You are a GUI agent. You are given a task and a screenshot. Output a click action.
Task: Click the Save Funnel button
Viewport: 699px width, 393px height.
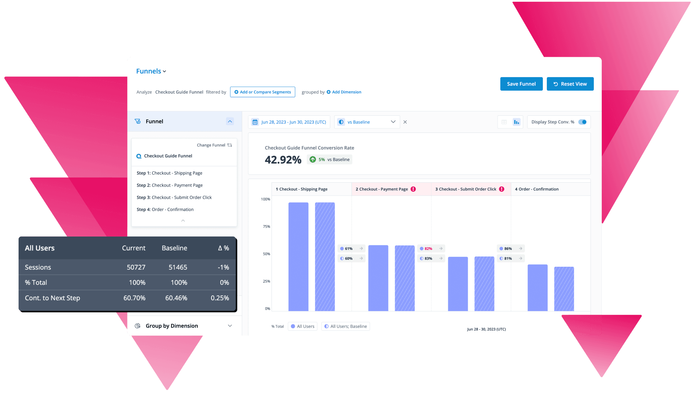[x=521, y=84]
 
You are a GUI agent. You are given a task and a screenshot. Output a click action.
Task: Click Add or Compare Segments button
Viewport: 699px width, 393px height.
[x=262, y=92]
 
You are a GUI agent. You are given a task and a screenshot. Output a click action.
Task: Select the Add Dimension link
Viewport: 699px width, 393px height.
[x=344, y=92]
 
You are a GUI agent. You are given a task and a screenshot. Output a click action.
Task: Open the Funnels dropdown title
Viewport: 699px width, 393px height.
[x=151, y=71]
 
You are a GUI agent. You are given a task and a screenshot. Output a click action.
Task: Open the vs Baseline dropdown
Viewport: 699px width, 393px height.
[x=367, y=122]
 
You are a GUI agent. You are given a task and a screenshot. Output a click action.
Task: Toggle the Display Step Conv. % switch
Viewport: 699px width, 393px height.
[x=582, y=122]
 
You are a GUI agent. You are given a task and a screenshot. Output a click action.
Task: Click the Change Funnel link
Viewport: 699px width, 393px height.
[x=214, y=145]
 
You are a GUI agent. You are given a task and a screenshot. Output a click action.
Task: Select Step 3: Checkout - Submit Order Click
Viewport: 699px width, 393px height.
[x=174, y=198]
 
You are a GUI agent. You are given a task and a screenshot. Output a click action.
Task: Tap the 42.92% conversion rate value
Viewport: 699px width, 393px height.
[x=283, y=160]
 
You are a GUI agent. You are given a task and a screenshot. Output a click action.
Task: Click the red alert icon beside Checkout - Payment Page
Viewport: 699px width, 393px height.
[x=413, y=189]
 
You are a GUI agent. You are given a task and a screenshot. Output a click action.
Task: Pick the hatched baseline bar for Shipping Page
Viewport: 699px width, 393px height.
[x=325, y=257]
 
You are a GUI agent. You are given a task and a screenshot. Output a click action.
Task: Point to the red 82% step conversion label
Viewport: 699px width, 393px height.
[x=428, y=249]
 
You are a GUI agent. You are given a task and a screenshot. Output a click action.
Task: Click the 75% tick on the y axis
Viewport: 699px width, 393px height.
[x=266, y=227]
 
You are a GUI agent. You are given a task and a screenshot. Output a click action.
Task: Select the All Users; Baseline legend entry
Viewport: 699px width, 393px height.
[x=345, y=326]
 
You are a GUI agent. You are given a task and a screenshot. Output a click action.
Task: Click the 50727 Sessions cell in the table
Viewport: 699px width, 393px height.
[x=136, y=267]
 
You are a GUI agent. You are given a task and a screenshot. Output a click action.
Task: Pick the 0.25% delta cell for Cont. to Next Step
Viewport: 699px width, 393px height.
[x=220, y=298]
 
